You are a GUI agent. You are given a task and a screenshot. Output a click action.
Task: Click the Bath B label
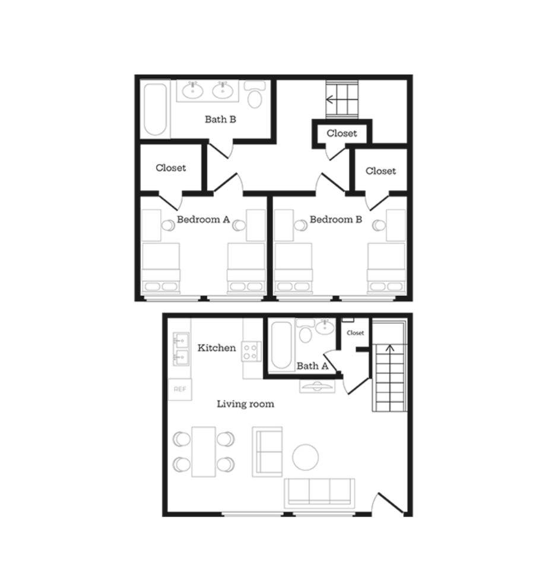220,119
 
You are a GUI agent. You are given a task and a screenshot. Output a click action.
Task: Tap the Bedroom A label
204,219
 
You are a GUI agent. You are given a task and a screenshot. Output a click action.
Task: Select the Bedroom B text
336,219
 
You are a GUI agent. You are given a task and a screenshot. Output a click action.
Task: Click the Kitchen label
217,348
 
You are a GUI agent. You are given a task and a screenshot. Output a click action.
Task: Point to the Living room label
245,404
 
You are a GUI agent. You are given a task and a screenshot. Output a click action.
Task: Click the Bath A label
312,366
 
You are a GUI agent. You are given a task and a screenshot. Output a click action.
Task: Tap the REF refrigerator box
180,389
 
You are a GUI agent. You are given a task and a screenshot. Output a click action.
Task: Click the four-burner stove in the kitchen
251,351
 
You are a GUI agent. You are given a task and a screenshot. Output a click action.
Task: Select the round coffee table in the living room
306,457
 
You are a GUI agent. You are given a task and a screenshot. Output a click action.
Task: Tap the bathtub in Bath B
156,109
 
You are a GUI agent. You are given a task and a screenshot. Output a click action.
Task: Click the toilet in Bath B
255,95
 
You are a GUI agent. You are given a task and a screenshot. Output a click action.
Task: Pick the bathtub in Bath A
282,346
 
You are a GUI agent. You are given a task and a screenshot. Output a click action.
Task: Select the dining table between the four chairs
204,452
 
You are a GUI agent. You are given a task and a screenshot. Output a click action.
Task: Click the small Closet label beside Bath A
356,333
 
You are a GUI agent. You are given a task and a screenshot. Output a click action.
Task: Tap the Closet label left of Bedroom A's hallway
171,168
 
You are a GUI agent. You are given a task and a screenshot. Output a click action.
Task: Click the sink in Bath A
325,327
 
